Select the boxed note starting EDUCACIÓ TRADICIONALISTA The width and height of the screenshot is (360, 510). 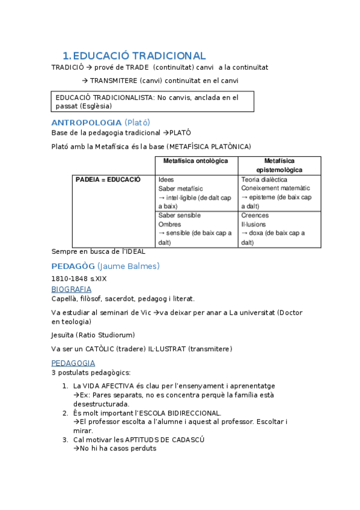(x=153, y=101)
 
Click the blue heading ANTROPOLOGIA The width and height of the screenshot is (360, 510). (x=87, y=122)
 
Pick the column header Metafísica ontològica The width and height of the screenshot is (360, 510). (x=196, y=161)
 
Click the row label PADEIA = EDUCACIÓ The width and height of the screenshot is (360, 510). (x=108, y=179)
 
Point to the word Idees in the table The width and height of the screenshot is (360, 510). (x=166, y=179)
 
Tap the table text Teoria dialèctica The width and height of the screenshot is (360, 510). (x=264, y=179)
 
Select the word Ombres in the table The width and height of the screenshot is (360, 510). (x=169, y=224)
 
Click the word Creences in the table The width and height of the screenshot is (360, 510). (x=255, y=215)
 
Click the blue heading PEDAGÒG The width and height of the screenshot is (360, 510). (x=73, y=266)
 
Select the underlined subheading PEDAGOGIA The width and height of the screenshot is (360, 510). (x=73, y=363)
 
